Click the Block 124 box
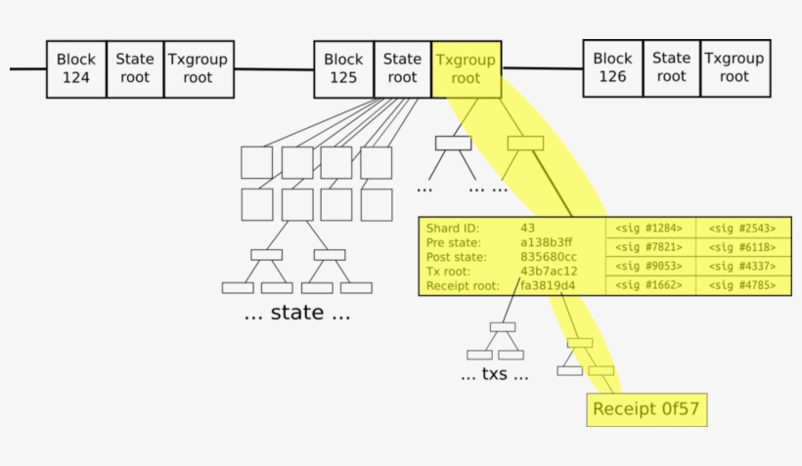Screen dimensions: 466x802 coord(75,68)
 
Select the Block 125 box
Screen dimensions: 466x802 coord(343,68)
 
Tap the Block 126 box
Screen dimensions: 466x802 coord(612,67)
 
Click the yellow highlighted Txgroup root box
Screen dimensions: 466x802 coord(466,68)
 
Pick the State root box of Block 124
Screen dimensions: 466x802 coord(135,68)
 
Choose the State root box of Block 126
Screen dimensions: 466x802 coord(671,67)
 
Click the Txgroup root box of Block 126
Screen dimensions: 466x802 coord(734,67)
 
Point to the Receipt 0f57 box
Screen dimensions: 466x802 coord(646,408)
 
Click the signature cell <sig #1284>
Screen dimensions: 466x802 coord(649,228)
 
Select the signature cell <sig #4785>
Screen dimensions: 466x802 coord(742,286)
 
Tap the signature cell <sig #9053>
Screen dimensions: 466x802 coord(649,267)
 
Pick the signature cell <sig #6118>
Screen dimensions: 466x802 coord(742,247)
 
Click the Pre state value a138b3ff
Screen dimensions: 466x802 coord(547,242)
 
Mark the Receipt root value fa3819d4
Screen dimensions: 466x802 coord(548,286)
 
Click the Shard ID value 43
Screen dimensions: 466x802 coord(528,228)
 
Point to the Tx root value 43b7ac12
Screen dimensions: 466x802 coord(549,272)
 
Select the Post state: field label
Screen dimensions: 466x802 coord(457,257)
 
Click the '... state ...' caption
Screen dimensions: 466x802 coord(296,315)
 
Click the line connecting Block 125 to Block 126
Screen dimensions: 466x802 coord(542,68)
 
